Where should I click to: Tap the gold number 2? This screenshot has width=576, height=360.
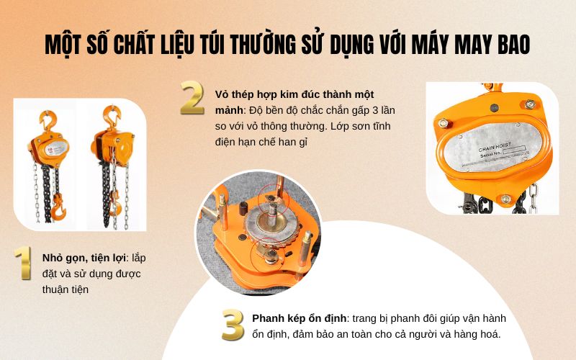pos(192,99)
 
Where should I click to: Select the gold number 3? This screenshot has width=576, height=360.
pos(233,325)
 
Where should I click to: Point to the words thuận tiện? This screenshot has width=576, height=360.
pos(64,290)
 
